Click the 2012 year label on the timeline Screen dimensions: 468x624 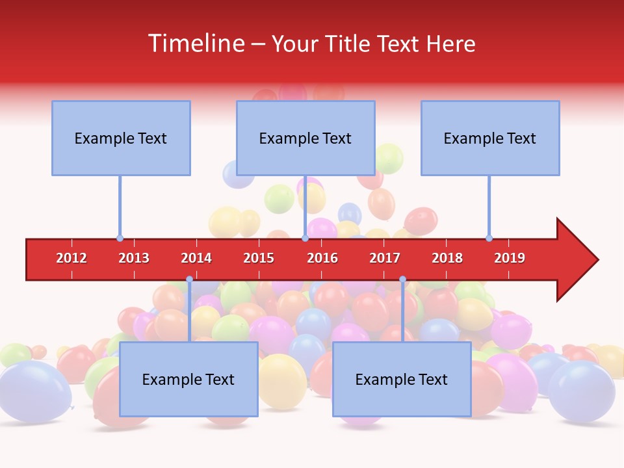[x=71, y=258]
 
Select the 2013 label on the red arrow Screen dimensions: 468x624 [x=134, y=258]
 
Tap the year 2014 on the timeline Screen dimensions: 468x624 [x=196, y=258]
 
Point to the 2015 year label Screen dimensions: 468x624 [x=259, y=258]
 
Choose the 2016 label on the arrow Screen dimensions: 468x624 [x=322, y=258]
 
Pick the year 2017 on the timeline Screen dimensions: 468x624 [x=385, y=258]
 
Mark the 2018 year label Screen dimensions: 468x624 [x=447, y=258]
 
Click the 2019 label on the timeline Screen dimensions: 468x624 [x=510, y=258]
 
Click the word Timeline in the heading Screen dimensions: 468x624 [x=196, y=44]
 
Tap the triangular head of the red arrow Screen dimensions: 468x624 [x=576, y=260]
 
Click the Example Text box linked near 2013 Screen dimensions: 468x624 [x=121, y=138]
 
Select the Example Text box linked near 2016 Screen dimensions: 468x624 [x=305, y=138]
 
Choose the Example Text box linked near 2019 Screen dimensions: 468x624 [x=490, y=138]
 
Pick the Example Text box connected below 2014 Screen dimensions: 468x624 [x=188, y=379]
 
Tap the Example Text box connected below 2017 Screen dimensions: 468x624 [x=402, y=379]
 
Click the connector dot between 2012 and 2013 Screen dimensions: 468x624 [x=120, y=239]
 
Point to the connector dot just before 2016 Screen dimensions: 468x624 [x=305, y=239]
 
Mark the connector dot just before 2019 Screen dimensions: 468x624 [x=489, y=239]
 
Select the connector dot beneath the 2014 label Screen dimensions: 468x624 [x=189, y=279]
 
